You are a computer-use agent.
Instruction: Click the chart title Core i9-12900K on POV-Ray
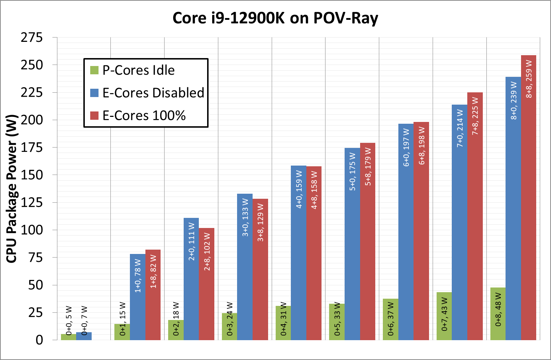(275, 18)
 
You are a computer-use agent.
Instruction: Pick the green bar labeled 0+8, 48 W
(498, 314)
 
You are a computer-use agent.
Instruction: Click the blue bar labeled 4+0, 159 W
(298, 253)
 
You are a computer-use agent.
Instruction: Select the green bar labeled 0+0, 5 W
(69, 337)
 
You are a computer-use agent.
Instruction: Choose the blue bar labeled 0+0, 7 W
(84, 336)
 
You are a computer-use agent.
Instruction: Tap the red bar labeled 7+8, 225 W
(475, 216)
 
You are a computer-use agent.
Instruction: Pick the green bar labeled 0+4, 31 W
(283, 323)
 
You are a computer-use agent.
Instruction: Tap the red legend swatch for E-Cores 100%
(94, 115)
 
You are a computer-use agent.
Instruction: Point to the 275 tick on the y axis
(32, 37)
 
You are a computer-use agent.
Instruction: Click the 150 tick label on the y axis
(32, 175)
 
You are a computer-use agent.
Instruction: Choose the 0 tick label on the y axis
(39, 340)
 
